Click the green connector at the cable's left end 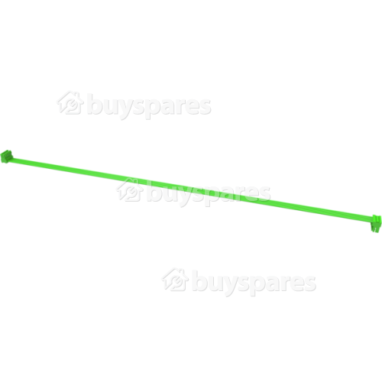pyautogui.click(x=8, y=156)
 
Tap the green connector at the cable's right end pyautogui.click(x=377, y=224)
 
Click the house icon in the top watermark pyautogui.click(x=70, y=102)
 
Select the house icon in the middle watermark pyautogui.click(x=130, y=189)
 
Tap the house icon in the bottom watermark pyautogui.click(x=175, y=280)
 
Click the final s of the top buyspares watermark pyautogui.click(x=204, y=107)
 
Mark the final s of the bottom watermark pyautogui.click(x=309, y=283)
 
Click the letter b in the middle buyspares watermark pyautogui.click(x=155, y=192)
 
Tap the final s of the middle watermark pyautogui.click(x=264, y=194)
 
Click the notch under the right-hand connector pyautogui.click(x=375, y=230)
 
